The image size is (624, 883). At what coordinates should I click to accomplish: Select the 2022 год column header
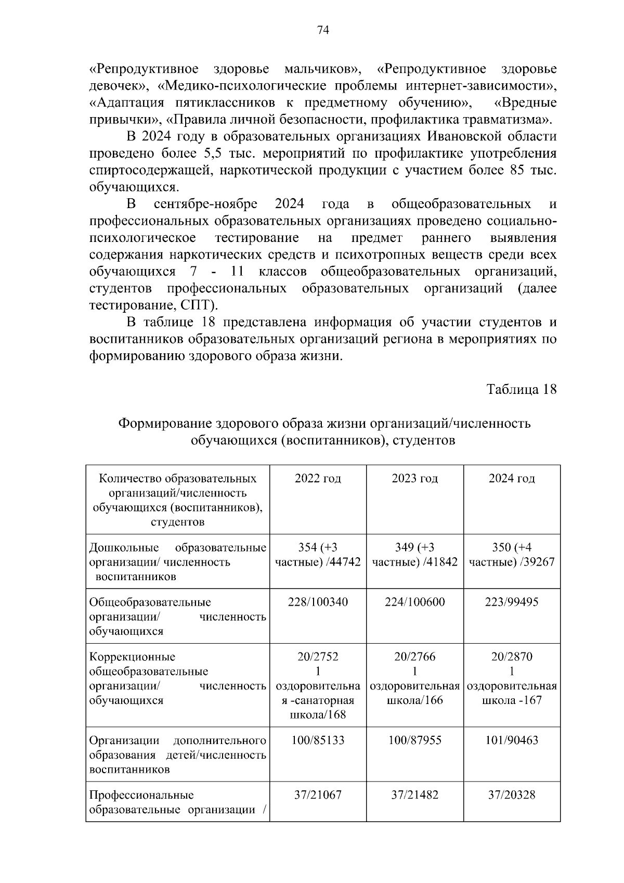pyautogui.click(x=318, y=478)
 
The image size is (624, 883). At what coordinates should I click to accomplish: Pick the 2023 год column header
pyautogui.click(x=414, y=478)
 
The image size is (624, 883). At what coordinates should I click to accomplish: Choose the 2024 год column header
pyautogui.click(x=512, y=478)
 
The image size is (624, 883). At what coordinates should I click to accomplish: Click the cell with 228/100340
pyautogui.click(x=318, y=602)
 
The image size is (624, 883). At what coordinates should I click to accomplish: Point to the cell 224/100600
pyautogui.click(x=414, y=602)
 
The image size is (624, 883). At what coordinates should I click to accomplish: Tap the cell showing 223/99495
pyautogui.click(x=512, y=602)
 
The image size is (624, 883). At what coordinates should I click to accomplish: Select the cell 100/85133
pyautogui.click(x=318, y=740)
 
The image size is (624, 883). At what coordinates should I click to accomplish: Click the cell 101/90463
pyautogui.click(x=512, y=740)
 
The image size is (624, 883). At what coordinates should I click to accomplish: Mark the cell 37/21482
pyautogui.click(x=414, y=795)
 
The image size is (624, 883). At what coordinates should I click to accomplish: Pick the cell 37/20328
pyautogui.click(x=512, y=795)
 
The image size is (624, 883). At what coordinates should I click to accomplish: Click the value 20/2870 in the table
pyautogui.click(x=512, y=657)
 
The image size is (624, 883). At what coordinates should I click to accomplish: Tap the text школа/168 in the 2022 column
pyautogui.click(x=318, y=715)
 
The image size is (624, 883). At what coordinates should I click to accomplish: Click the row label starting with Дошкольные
pyautogui.click(x=124, y=548)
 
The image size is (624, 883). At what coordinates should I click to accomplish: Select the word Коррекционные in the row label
pyautogui.click(x=132, y=657)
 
